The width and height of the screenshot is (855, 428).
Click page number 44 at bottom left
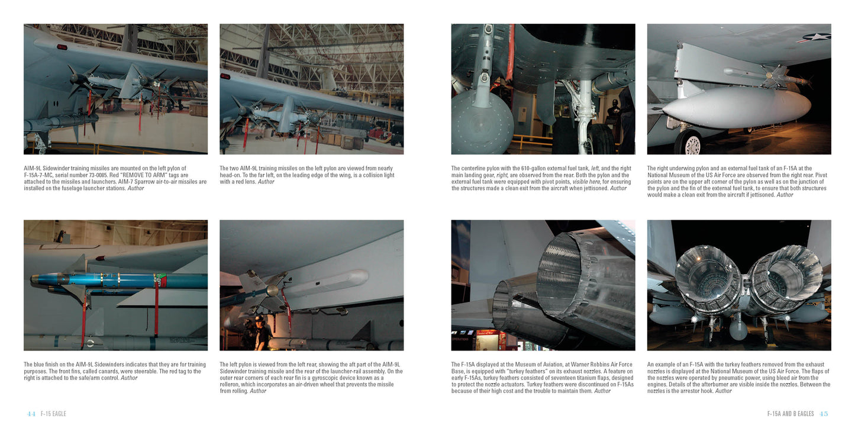31,414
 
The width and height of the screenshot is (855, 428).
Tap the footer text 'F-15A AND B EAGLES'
790,414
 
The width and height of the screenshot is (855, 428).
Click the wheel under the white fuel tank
691,143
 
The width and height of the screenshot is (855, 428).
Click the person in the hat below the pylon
259,332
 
